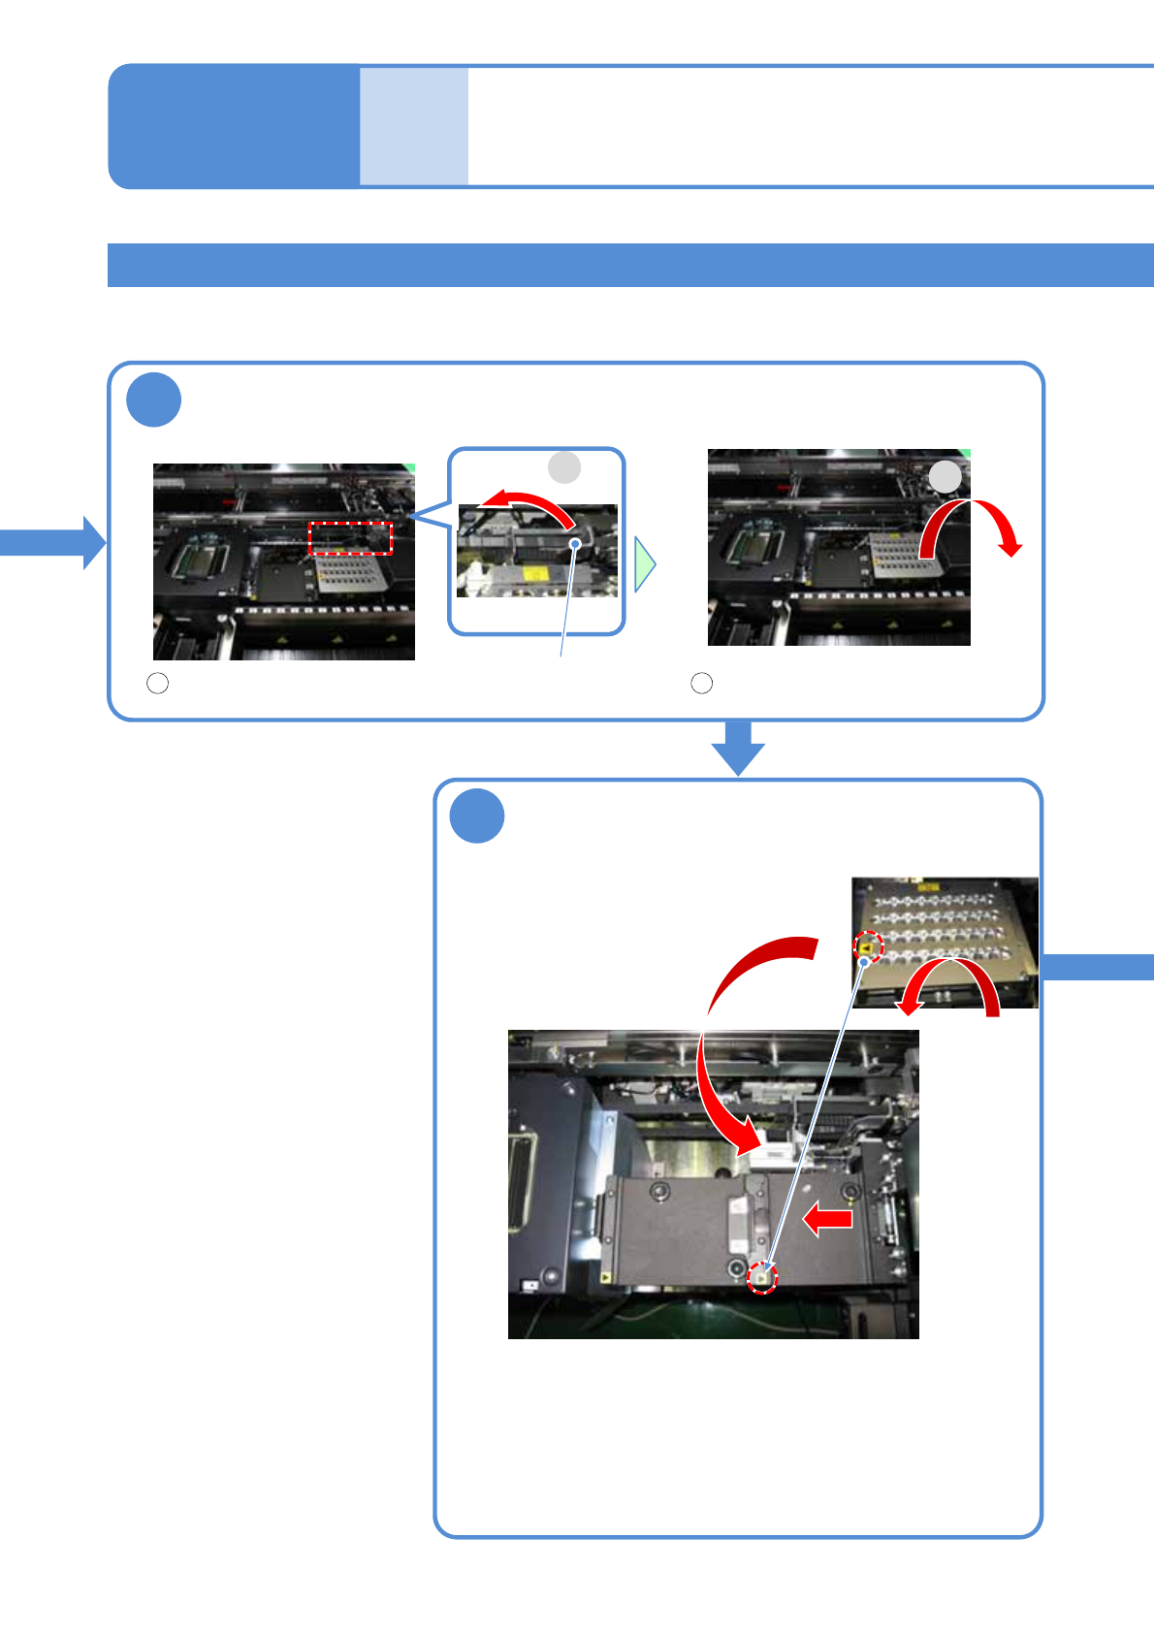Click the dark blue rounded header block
click(x=233, y=126)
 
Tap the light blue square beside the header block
click(x=414, y=126)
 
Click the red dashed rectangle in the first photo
click(x=350, y=538)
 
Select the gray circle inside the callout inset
click(x=564, y=467)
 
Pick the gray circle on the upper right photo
click(x=945, y=476)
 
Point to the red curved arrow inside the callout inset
click(x=529, y=506)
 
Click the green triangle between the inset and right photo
click(x=644, y=565)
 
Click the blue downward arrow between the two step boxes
click(x=738, y=748)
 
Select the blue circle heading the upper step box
click(x=153, y=400)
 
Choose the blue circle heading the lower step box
click(x=477, y=816)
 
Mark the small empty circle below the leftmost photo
click(x=157, y=683)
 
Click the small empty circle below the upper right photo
click(x=701, y=683)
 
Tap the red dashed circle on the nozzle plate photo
click(x=868, y=946)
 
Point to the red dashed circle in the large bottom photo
click(x=763, y=1278)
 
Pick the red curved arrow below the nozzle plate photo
click(x=950, y=984)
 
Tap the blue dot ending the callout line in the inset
click(x=575, y=544)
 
